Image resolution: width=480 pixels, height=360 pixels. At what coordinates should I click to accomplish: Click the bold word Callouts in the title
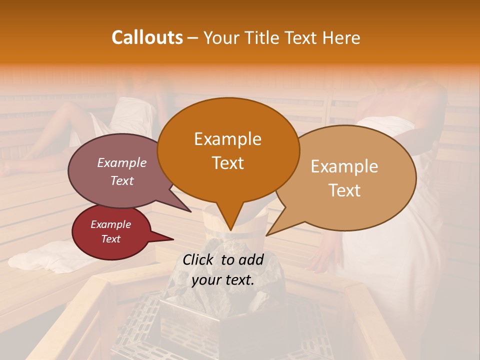pos(147,37)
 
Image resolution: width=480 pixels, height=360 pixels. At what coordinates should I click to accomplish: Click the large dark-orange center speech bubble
pos(228,145)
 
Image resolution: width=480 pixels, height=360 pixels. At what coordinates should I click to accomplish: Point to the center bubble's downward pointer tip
pos(230,230)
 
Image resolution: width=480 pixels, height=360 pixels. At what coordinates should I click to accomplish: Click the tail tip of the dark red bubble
pos(173,239)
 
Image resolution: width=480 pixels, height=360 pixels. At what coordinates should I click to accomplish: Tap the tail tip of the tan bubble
pos(267,235)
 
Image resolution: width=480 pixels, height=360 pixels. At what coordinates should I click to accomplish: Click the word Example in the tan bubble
pos(344,166)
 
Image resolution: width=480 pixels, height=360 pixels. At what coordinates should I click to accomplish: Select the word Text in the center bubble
pos(228,163)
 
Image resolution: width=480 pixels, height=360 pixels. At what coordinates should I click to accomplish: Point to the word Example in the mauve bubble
pos(122,162)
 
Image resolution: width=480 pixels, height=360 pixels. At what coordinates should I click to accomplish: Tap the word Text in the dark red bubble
pos(111,239)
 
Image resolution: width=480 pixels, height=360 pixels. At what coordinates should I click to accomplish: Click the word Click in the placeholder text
pos(199,259)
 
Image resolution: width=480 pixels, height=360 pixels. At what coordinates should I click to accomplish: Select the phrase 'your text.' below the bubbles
pos(223,279)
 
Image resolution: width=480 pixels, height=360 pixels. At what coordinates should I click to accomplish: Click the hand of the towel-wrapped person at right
pos(320,260)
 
